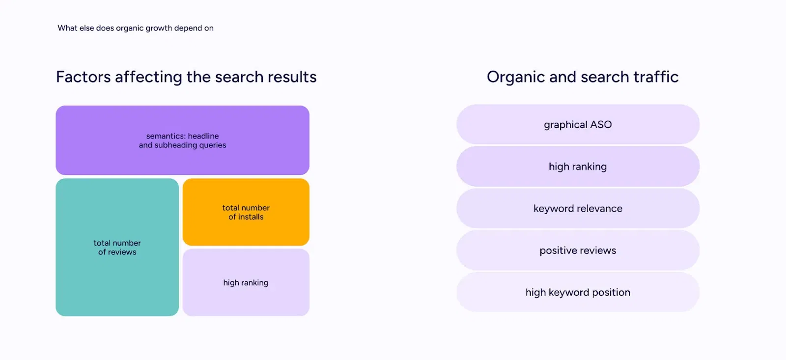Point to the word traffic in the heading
656,77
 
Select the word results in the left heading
292,77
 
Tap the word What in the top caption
67,28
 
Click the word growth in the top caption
159,28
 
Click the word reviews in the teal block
122,252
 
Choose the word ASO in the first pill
601,125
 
